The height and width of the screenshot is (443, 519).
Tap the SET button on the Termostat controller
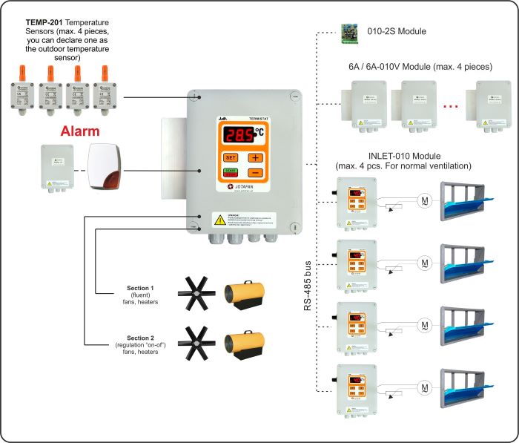[x=230, y=157]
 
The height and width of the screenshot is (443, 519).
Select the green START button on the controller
[x=230, y=173]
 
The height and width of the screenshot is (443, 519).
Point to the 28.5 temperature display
[x=239, y=135]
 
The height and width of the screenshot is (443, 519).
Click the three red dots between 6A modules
[x=450, y=106]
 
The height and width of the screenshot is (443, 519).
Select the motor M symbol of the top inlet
[x=424, y=204]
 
